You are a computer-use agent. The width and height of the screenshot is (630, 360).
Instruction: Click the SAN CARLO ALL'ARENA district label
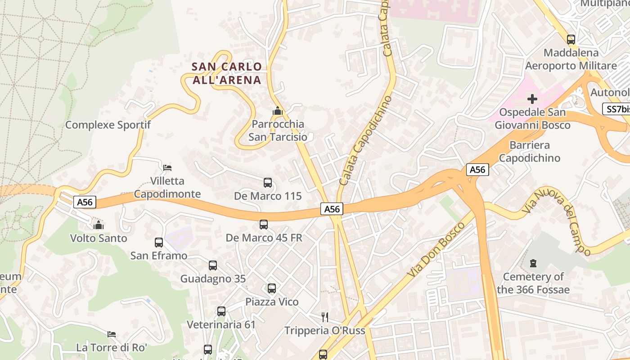[226, 73]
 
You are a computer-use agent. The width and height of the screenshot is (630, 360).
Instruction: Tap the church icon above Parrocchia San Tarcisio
[278, 110]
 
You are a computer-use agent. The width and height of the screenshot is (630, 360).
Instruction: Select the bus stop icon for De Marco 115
[268, 183]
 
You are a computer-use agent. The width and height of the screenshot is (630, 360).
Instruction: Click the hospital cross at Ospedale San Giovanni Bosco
[532, 99]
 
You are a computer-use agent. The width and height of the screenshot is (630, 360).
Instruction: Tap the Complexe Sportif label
[108, 125]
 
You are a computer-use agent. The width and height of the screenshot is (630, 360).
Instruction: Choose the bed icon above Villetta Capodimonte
[167, 168]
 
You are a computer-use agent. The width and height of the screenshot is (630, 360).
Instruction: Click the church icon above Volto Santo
[99, 225]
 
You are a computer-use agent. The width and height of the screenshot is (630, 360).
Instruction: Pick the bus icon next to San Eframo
[159, 243]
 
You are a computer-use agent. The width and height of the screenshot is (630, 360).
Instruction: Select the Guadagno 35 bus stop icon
[213, 265]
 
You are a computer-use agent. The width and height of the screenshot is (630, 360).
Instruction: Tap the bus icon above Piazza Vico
[272, 288]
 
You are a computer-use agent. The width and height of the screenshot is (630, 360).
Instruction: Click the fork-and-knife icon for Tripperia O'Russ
[324, 317]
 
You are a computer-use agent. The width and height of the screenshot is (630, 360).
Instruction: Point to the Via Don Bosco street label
[436, 250]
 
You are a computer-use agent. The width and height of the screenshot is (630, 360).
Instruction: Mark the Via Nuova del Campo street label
[557, 220]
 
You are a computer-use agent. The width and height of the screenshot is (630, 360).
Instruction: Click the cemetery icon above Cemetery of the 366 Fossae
[533, 263]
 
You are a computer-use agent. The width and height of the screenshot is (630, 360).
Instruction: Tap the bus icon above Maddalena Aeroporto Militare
[571, 40]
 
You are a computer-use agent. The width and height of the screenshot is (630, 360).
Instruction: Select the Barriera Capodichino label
[530, 152]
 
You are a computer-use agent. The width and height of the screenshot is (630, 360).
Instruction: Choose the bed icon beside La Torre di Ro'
[112, 334]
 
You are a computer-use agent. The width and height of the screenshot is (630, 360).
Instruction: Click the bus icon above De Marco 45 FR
[264, 224]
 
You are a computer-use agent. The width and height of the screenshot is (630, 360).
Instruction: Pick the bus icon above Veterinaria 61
[221, 311]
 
